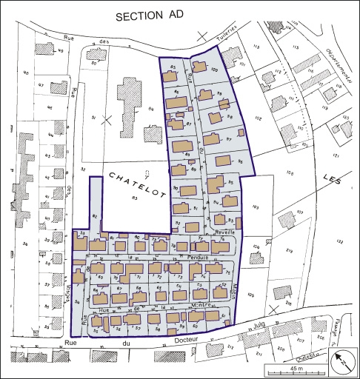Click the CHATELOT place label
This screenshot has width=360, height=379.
(x=137, y=182)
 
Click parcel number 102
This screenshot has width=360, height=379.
(x=259, y=118)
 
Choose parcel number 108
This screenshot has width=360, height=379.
(x=290, y=173)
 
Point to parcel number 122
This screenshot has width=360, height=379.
(x=340, y=241)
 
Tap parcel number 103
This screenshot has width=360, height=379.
(x=256, y=207)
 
